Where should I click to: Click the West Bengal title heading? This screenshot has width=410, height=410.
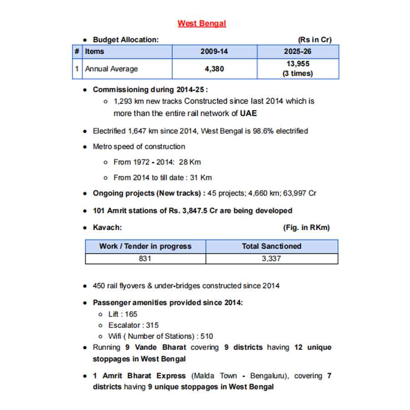point(202,23)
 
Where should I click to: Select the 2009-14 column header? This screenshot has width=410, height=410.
point(214,51)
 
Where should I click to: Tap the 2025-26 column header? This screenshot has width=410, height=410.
point(297,51)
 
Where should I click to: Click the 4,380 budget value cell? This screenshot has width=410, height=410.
point(214,69)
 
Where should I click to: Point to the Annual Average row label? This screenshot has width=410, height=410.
point(111,69)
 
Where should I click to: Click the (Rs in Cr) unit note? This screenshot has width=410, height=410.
point(314,40)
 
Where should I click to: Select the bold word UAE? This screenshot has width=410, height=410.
point(248,113)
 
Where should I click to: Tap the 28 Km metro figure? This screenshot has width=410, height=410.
point(190,162)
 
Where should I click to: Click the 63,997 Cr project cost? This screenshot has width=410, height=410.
point(299,193)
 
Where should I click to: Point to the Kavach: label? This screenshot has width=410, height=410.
point(108,227)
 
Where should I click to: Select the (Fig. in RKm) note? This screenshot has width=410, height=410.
point(306,227)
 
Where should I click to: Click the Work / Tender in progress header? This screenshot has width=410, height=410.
point(145,246)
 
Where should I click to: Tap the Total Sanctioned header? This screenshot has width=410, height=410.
point(272,246)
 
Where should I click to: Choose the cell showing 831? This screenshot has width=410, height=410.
point(145,259)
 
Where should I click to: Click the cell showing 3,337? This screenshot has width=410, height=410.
point(272,259)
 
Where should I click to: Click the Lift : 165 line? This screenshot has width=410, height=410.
point(123,314)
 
